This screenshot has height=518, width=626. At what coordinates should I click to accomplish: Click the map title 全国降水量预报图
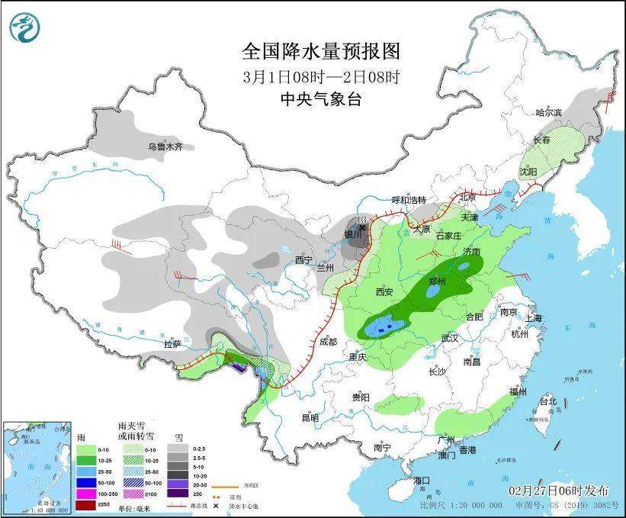[x=320, y=51]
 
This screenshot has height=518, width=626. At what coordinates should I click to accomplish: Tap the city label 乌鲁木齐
[x=166, y=146]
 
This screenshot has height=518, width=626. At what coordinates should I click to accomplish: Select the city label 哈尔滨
[x=548, y=112]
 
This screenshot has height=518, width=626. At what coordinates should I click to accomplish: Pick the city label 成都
[x=329, y=342]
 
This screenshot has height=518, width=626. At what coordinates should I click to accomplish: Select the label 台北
[x=548, y=401]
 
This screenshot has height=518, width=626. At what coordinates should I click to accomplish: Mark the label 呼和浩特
[x=409, y=200]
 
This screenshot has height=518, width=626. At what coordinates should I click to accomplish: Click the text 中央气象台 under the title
[x=320, y=99]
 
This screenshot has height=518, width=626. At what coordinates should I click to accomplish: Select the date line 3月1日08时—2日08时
[x=320, y=76]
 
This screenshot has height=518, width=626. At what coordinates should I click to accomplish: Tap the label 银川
[x=352, y=234]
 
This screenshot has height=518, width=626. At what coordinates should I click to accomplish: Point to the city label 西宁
[x=305, y=261]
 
